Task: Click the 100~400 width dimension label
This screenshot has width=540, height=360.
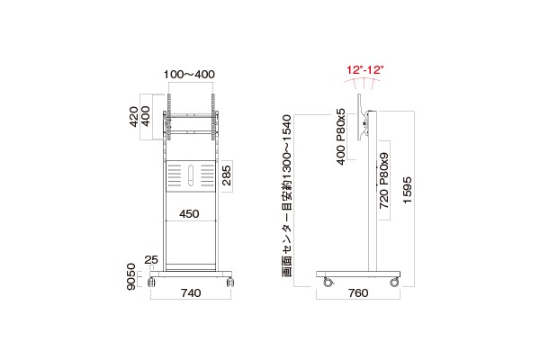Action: pyautogui.click(x=189, y=74)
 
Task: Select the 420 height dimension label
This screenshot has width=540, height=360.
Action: pyautogui.click(x=134, y=116)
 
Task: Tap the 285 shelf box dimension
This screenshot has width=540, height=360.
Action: pyautogui.click(x=227, y=175)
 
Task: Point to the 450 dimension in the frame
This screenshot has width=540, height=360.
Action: pyautogui.click(x=189, y=214)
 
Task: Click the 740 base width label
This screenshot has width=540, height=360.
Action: pyautogui.click(x=191, y=292)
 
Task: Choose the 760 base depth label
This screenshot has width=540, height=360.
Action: pyautogui.click(x=358, y=292)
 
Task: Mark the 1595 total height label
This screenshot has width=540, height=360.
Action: pyautogui.click(x=408, y=190)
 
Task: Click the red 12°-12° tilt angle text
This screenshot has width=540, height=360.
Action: pyautogui.click(x=364, y=70)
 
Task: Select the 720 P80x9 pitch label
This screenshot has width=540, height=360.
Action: pyautogui.click(x=383, y=181)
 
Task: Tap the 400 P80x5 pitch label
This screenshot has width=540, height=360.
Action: pyautogui.click(x=340, y=137)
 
